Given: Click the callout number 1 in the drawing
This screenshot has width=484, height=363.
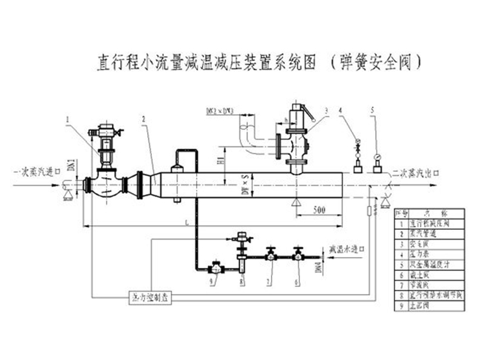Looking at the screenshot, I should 68,119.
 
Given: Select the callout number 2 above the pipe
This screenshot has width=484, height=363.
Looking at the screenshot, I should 143,119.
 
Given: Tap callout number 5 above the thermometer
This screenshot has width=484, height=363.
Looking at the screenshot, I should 374,110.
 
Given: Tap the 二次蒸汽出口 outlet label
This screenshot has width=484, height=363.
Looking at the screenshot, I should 415,172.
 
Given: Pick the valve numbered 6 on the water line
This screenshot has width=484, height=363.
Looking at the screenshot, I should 298,255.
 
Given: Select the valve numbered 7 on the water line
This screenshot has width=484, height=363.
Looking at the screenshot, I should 272,255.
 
